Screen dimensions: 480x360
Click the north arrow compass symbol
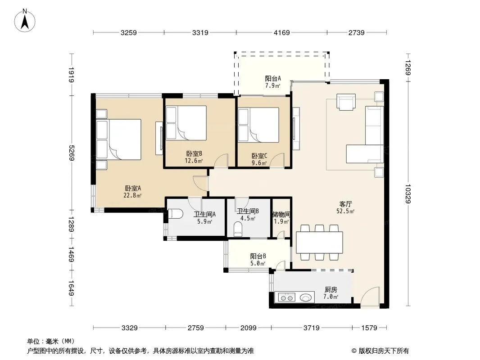[x=25, y=21]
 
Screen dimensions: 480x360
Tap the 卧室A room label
[x=132, y=189]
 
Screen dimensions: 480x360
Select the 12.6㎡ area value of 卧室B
[x=194, y=161]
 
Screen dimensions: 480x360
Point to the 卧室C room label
[x=259, y=156]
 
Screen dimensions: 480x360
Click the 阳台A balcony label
[x=273, y=79]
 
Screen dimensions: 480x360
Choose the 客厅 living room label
[x=346, y=204]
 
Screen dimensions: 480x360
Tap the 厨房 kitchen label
[x=331, y=289]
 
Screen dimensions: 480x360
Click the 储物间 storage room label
[x=281, y=214]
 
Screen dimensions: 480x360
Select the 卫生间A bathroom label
[x=204, y=214]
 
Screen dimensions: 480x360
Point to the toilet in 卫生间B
[x=238, y=229]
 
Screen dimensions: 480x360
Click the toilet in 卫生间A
[x=176, y=214]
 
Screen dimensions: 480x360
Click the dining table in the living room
[x=319, y=242]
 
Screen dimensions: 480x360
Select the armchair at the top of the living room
[x=346, y=102]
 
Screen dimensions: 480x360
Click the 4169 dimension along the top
[x=281, y=32]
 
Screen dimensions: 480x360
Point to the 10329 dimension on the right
[x=408, y=193]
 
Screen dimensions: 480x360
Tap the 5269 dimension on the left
[x=71, y=153]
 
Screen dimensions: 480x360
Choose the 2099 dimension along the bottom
[x=248, y=328]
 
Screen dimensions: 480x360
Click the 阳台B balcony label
[x=258, y=256]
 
